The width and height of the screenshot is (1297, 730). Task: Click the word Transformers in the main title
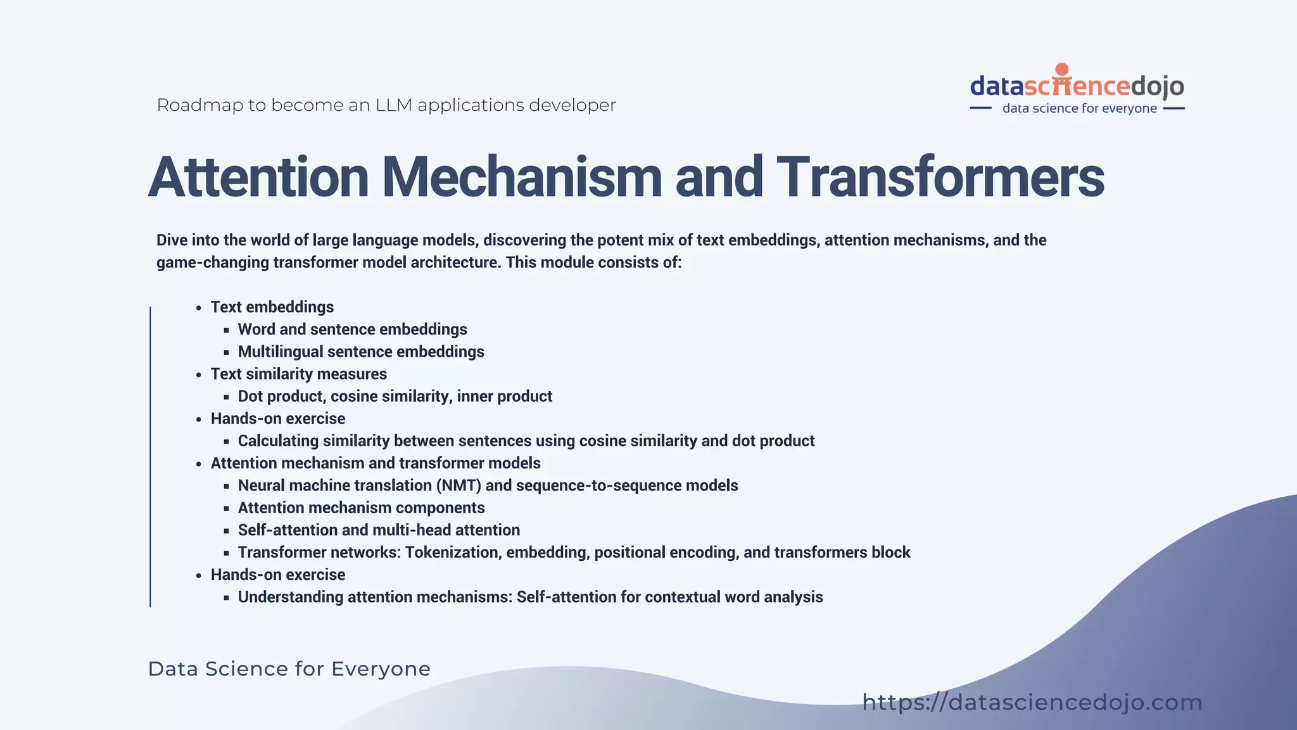[940, 177]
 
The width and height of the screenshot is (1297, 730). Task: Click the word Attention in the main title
[258, 177]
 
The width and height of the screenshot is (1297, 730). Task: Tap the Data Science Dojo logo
[1077, 86]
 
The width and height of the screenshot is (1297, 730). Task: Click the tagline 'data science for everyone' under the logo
[1079, 108]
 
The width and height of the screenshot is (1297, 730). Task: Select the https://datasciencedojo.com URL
[1032, 702]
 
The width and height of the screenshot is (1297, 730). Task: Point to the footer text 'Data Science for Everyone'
[289, 669]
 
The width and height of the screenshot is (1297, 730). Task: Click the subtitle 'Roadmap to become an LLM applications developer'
[386, 105]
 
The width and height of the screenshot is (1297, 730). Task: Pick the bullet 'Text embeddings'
[272, 307]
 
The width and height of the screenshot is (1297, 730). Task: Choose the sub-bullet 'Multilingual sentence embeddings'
[361, 352]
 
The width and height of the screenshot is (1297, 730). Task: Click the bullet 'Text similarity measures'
[298, 374]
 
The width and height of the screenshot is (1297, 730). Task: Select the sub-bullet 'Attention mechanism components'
[361, 508]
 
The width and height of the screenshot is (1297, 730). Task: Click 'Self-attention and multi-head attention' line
[379, 530]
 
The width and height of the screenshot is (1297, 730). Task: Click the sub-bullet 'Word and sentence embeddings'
[352, 330]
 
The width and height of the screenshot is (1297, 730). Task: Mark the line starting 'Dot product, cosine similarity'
[395, 396]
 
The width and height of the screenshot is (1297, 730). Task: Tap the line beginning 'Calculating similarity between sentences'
[526, 441]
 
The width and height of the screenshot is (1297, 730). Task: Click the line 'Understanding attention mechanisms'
[530, 597]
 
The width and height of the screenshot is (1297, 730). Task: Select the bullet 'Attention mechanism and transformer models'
[376, 463]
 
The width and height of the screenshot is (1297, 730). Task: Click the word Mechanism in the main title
[522, 177]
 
